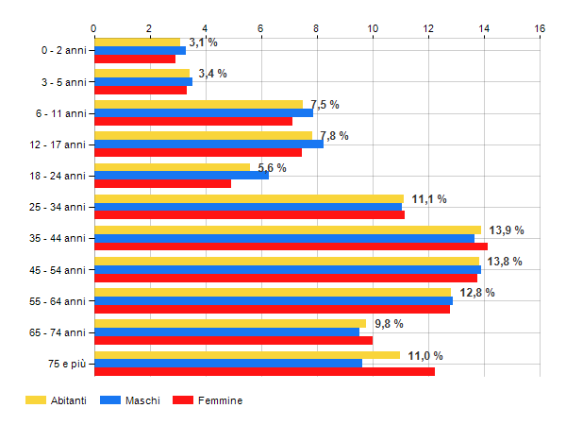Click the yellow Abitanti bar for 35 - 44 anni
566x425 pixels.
pyautogui.click(x=288, y=229)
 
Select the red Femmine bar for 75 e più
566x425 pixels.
pyautogui.click(x=264, y=371)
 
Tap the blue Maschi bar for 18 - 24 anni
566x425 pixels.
pyautogui.click(x=181, y=175)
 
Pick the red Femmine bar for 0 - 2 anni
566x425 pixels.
pyautogui.click(x=135, y=59)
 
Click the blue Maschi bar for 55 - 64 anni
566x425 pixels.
pyautogui.click(x=274, y=300)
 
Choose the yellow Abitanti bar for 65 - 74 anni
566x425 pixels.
pyautogui.click(x=230, y=323)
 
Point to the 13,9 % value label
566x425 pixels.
pyautogui.click(x=507, y=230)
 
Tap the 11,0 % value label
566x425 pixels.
pyautogui.click(x=425, y=356)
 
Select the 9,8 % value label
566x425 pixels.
pyautogui.click(x=389, y=324)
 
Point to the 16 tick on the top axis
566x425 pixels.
pyautogui.click(x=540, y=28)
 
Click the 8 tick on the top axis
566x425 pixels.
pyautogui.click(x=316, y=28)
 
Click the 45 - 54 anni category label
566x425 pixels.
pyautogui.click(x=58, y=270)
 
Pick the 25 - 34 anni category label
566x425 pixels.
pyautogui.click(x=58, y=207)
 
